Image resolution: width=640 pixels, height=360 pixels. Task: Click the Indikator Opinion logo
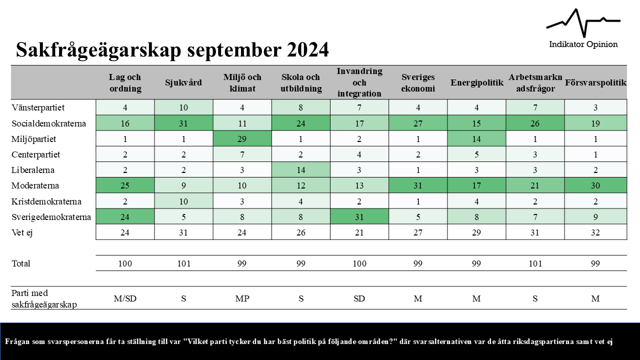coord(583,29)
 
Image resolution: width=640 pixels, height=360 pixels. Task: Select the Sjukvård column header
coord(183,82)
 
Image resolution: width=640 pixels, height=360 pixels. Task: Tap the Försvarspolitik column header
coord(595,82)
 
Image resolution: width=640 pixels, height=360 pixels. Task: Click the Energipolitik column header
coord(476,82)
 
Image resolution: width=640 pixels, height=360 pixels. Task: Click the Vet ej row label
coord(23,232)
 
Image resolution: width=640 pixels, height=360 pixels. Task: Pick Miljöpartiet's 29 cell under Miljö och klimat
coord(242,138)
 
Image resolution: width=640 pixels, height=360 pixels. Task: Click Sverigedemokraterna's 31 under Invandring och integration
coord(359,217)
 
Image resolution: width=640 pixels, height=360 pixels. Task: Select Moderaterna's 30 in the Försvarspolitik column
coord(595,185)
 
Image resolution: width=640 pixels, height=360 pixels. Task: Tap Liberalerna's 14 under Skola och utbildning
coord(300,170)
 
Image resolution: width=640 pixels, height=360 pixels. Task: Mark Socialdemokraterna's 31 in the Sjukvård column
coord(183,123)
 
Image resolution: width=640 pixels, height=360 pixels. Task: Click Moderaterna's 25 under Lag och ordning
coord(125,185)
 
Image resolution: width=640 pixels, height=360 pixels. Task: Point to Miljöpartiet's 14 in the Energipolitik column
coord(476,138)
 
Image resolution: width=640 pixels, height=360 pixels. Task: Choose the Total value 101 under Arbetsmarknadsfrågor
coord(535,263)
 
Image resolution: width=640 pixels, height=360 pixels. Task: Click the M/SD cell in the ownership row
coord(125,298)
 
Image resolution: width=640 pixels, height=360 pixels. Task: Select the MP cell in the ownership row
coord(242,298)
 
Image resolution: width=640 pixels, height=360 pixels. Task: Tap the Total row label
coord(21,263)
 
